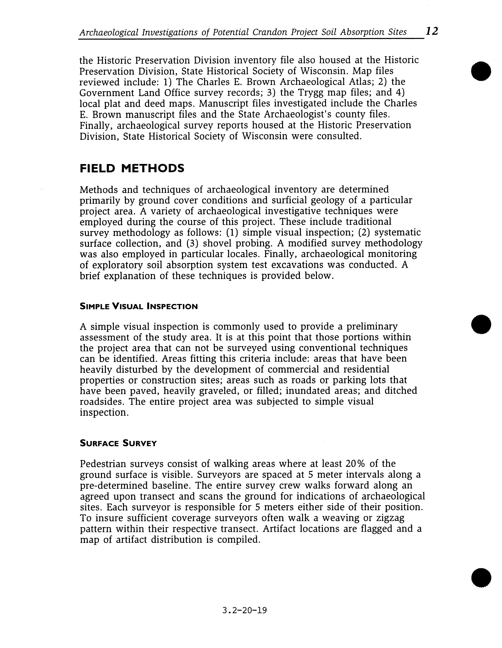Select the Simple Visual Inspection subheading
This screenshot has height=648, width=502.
point(139,306)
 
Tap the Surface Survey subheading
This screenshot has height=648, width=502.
point(118,444)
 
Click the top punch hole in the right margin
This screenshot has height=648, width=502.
point(481,71)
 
